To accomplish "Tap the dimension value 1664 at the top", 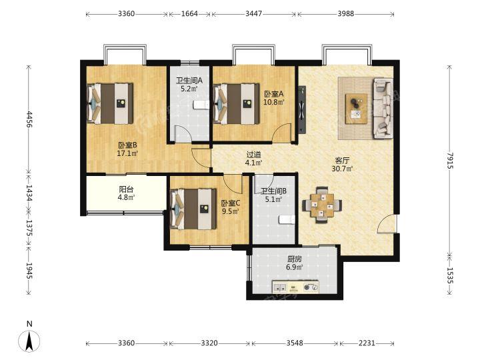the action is point(189,14).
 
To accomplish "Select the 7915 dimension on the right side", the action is point(449,160).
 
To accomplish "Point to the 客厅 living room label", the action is point(342,161).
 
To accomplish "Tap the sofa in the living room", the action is point(383,108).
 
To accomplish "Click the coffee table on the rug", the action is point(356,109).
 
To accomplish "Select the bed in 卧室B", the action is point(110,103).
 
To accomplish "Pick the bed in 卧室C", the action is point(193,209).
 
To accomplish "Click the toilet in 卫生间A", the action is point(201,105).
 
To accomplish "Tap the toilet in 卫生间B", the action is point(287,219).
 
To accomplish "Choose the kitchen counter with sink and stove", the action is point(296,287).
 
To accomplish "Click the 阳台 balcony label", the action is point(126,189).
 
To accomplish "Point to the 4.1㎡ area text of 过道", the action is point(253,163).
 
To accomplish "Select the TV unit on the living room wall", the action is point(302,109).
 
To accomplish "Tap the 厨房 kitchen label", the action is point(295,259).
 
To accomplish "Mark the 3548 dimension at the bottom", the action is point(295,343).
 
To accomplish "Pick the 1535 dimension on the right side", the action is point(449,275).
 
